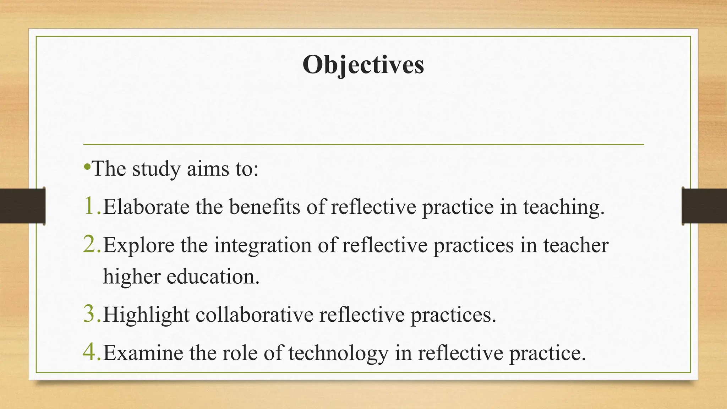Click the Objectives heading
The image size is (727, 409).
pyautogui.click(x=363, y=65)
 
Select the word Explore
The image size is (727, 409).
pyautogui.click(x=139, y=245)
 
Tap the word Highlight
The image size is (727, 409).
pyautogui.click(x=146, y=315)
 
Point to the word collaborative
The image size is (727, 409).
pyautogui.click(x=254, y=315)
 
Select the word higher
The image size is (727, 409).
pyautogui.click(x=132, y=277)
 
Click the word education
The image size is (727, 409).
pyautogui.click(x=213, y=277)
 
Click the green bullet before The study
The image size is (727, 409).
pyautogui.click(x=87, y=166)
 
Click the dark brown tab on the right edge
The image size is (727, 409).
pyautogui.click(x=704, y=206)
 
